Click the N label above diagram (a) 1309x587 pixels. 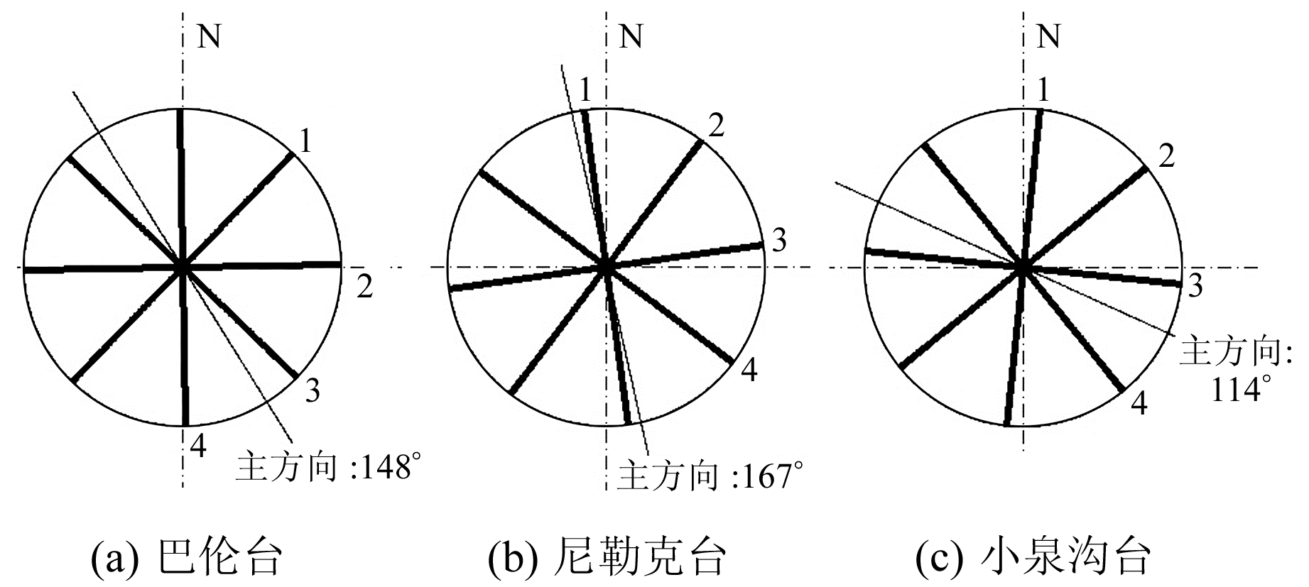click(208, 35)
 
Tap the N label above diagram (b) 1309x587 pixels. click(631, 35)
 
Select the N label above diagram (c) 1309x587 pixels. click(1048, 35)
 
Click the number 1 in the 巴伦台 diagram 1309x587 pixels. click(305, 143)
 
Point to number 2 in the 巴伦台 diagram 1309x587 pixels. click(364, 287)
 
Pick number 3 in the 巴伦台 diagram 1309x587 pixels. click(313, 390)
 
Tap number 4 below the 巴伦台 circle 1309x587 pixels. click(198, 446)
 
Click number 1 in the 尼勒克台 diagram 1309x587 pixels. click(585, 90)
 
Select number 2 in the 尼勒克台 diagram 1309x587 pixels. click(717, 126)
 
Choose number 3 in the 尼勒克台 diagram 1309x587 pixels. click(778, 241)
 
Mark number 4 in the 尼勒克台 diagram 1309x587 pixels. click(749, 371)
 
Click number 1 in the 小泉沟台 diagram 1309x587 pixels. click(1043, 90)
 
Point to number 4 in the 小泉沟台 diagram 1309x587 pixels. click(1139, 404)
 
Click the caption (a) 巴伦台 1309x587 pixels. click(188, 557)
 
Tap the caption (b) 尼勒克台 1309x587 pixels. click(607, 557)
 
